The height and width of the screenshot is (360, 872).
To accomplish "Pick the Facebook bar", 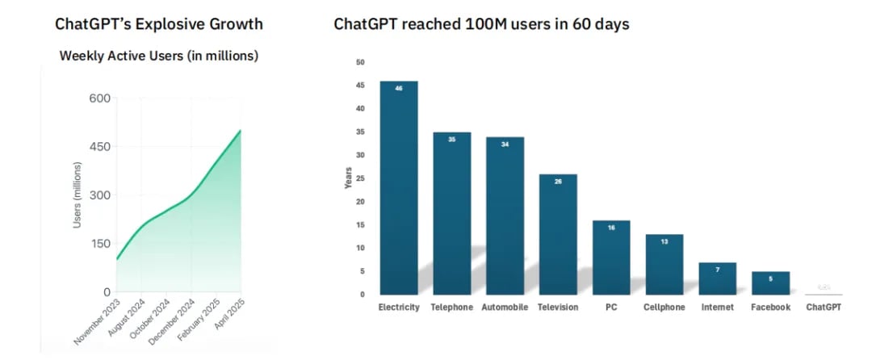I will [770, 283].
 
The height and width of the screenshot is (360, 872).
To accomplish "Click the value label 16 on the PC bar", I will [611, 228].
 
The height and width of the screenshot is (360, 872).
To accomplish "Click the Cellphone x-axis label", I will [664, 308].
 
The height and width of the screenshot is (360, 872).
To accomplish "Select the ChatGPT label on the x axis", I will [824, 308].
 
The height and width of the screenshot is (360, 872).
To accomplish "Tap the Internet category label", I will [718, 308].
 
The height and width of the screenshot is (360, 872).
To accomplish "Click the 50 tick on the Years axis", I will [360, 62].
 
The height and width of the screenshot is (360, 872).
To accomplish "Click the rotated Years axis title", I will [348, 178].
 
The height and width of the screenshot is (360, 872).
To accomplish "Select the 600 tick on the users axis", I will [99, 98].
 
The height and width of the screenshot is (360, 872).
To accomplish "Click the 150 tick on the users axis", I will [99, 243].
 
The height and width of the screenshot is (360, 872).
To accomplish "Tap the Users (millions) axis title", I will [78, 195].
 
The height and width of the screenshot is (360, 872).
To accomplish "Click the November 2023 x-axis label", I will [99, 322].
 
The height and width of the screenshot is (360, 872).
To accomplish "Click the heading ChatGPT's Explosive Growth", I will [158, 23].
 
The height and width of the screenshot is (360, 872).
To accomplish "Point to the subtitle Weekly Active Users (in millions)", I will [159, 56].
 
